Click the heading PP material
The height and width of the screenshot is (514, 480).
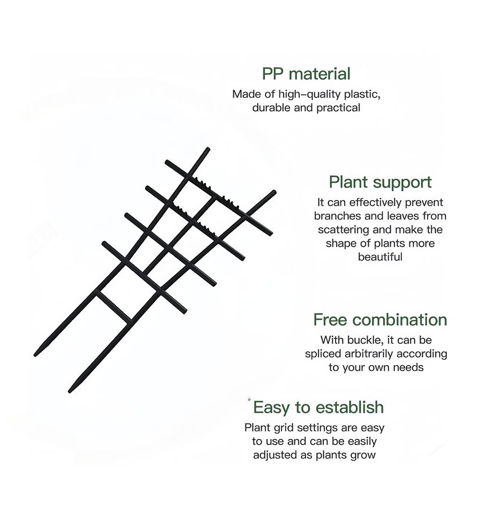point(306,73)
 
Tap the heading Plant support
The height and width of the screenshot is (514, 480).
point(380,182)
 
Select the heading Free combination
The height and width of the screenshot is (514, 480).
point(380,320)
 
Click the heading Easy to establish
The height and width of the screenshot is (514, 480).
point(318,407)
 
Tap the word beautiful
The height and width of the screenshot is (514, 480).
point(380,257)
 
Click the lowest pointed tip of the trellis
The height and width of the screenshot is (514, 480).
point(70,391)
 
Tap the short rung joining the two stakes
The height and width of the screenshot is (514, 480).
point(114,307)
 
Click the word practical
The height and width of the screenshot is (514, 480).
point(339,108)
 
